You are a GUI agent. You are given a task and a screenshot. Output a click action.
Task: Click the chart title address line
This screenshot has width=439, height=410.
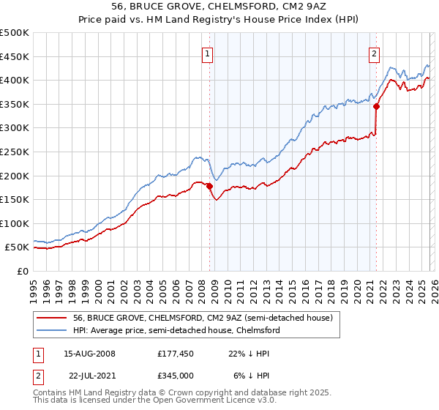[219, 7]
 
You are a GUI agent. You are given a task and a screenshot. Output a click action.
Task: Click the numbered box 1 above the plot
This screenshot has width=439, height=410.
[208, 53]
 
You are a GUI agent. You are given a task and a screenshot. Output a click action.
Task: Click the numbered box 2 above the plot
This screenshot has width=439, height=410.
[374, 53]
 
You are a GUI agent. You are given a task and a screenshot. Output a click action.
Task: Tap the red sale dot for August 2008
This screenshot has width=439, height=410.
[209, 186]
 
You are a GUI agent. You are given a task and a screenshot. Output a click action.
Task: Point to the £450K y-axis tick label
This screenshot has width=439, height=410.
[15, 56]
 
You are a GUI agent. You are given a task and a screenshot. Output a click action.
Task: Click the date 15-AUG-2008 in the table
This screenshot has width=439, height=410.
[89, 353]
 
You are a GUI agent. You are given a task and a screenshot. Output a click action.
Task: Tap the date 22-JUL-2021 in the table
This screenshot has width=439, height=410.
[89, 375]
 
